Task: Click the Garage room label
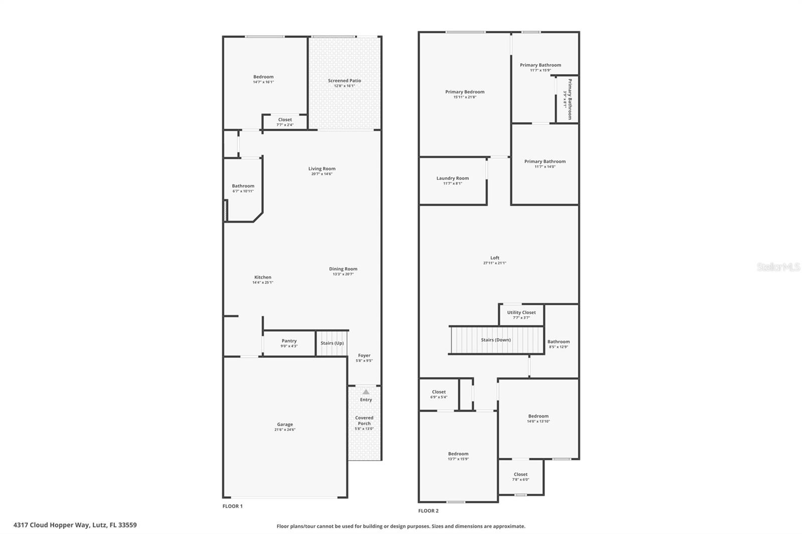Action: coord(285,424)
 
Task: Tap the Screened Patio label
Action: coord(344,81)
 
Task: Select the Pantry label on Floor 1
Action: coord(289,341)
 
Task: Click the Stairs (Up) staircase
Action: coord(332,343)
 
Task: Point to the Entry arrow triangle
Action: coord(366,392)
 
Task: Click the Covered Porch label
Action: coord(364,420)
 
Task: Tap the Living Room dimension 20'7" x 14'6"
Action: coord(321,174)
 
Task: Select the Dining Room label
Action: coord(343,269)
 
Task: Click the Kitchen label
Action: coord(263,277)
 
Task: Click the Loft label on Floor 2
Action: coord(495,258)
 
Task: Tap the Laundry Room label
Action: coord(453,178)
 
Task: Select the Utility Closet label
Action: coord(521,313)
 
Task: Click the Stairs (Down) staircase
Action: coord(496,340)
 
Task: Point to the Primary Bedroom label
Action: coord(465,92)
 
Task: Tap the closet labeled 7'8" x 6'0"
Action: coord(520,476)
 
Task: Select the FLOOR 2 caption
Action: coord(429,511)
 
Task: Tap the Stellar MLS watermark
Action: coord(778,267)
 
